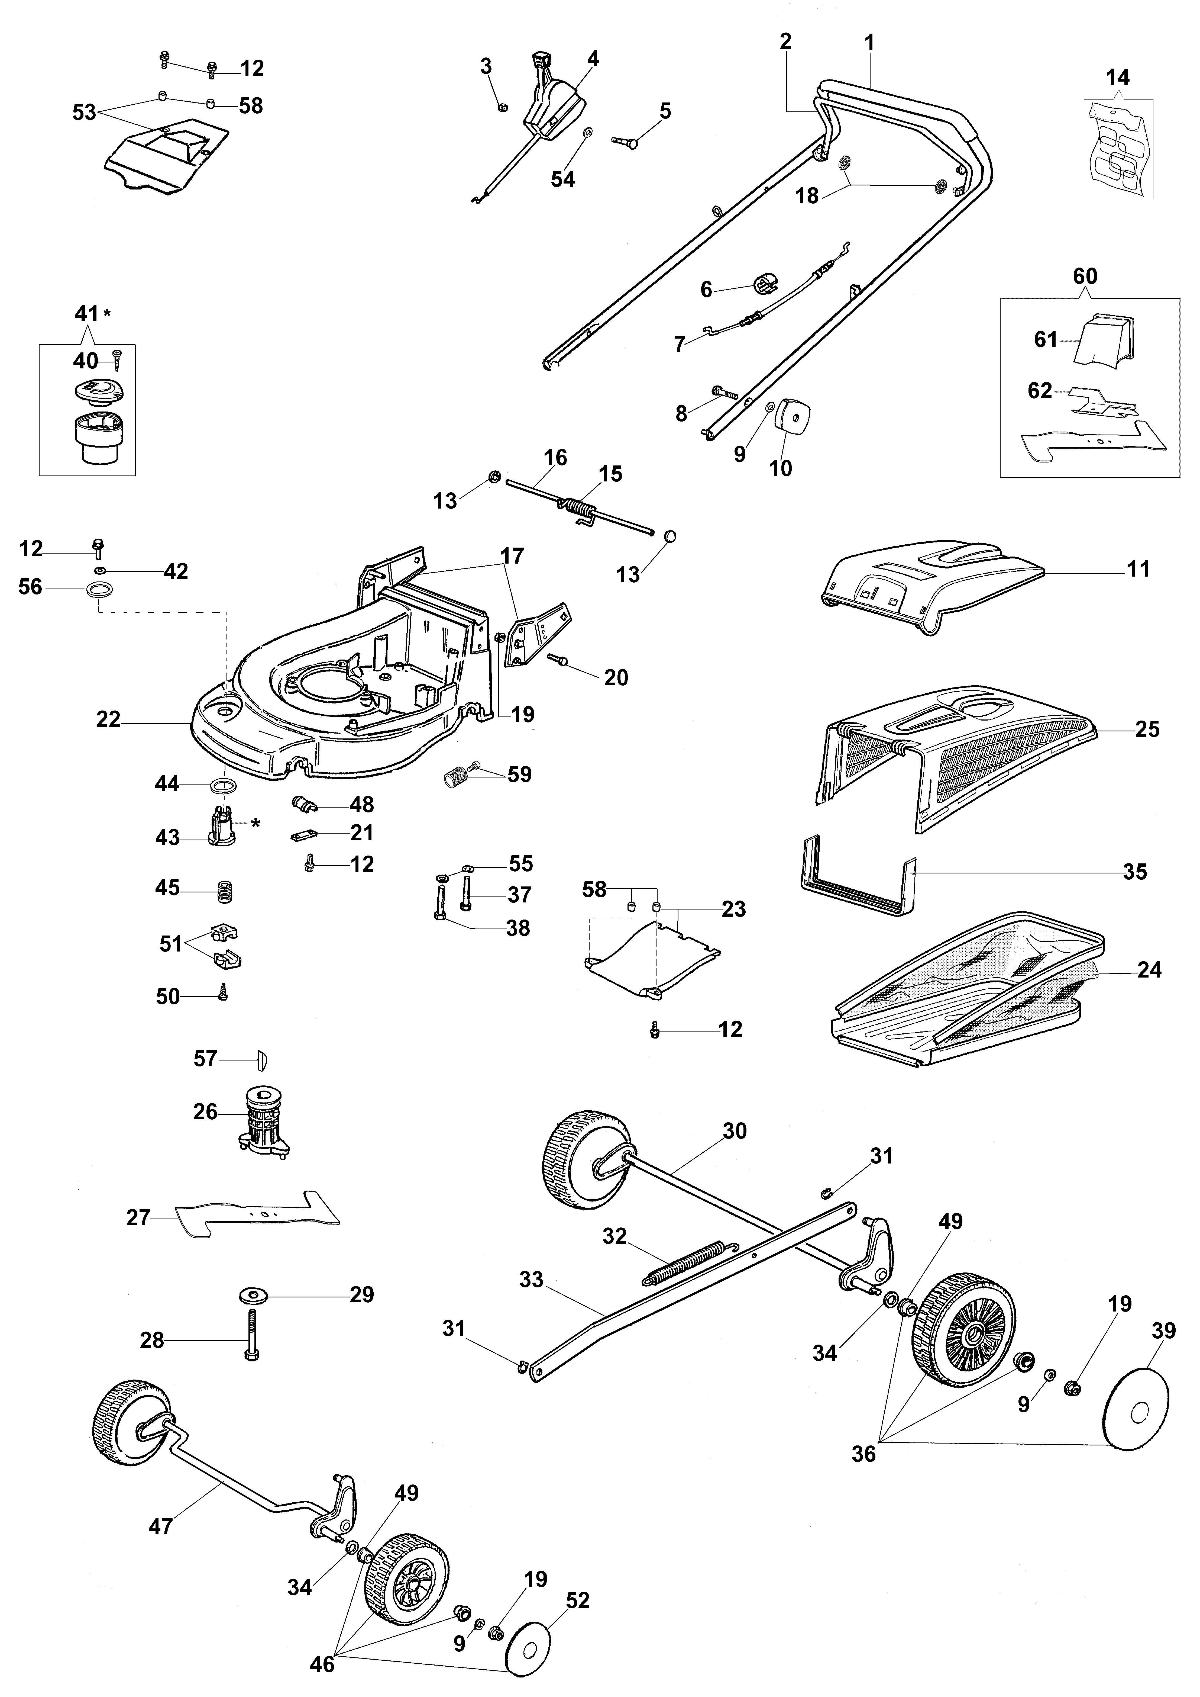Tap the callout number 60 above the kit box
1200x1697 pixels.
click(1085, 277)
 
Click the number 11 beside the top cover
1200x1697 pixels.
click(1138, 569)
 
